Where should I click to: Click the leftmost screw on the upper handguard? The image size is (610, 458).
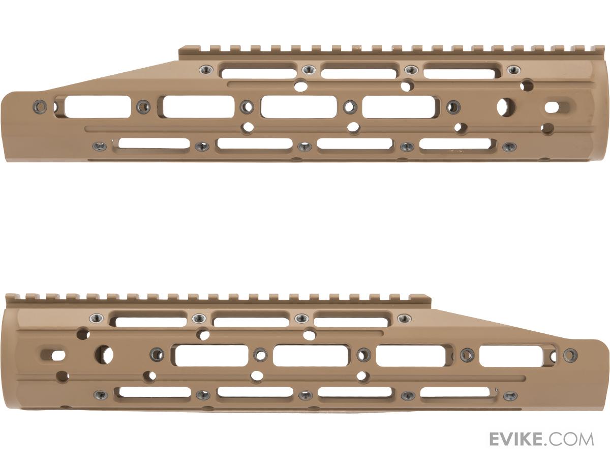40,106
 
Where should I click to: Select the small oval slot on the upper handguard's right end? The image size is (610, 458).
552,107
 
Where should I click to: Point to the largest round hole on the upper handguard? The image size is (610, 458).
506,107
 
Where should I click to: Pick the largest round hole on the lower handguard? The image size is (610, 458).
105,355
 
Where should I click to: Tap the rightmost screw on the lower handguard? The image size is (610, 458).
570,355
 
